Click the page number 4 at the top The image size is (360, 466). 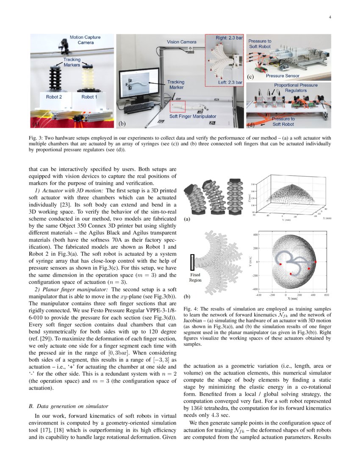click(x=329, y=17)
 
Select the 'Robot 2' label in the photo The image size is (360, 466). click(x=55, y=97)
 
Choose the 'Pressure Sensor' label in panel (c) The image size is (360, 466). click(x=282, y=76)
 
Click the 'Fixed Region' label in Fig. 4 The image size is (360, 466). click(x=195, y=277)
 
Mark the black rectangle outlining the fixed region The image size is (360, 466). click(x=193, y=262)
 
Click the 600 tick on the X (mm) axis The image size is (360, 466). click(x=326, y=294)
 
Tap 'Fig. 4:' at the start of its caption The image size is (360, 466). click(x=191, y=310)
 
